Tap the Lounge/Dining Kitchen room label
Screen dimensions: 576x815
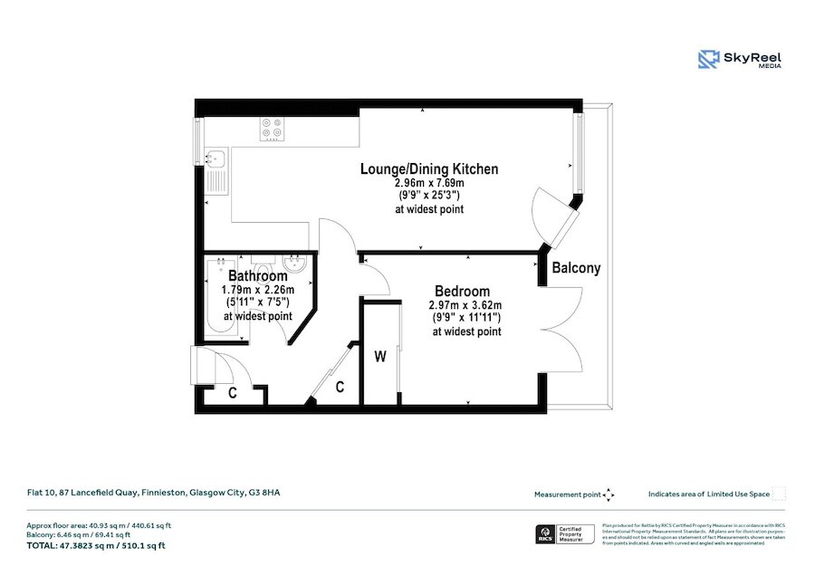[x=429, y=169]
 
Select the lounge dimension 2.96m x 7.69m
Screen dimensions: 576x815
[x=429, y=183]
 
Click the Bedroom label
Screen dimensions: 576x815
[x=462, y=292]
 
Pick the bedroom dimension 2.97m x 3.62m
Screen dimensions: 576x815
[x=465, y=305]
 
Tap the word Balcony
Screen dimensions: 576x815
[x=576, y=269]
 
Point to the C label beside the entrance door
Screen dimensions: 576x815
[x=232, y=393]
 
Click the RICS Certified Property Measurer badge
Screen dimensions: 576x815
[x=561, y=533]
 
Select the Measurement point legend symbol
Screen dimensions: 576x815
[x=609, y=494]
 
